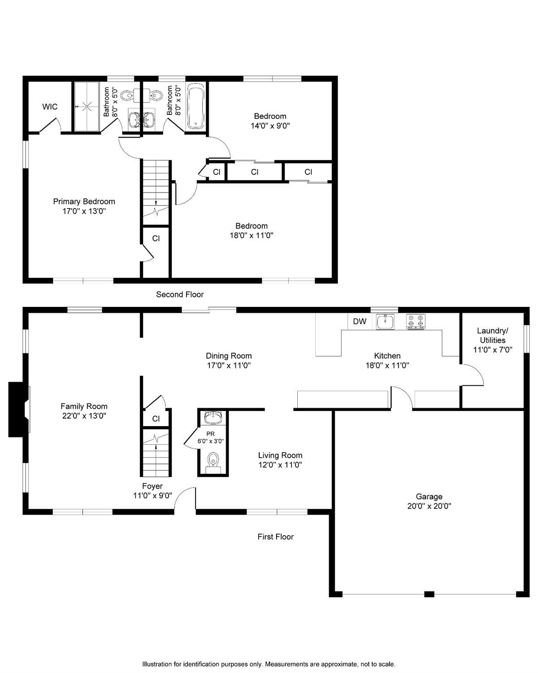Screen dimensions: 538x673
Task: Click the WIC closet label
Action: [x=50, y=107]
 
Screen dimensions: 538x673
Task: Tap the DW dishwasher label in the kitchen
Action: [x=359, y=321]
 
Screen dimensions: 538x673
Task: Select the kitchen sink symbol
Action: [x=385, y=322]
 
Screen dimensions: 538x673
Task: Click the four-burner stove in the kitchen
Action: [x=416, y=321]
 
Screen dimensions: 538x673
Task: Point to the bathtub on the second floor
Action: [x=196, y=105]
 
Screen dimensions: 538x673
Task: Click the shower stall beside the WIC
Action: [x=87, y=106]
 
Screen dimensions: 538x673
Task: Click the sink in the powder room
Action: [x=213, y=418]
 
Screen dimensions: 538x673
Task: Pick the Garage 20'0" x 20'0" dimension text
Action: [x=429, y=506]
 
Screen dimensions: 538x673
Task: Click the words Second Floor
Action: [x=180, y=294]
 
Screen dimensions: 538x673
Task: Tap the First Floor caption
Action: [x=275, y=537]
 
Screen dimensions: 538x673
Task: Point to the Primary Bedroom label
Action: [x=84, y=201]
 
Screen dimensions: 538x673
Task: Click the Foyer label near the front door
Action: [x=152, y=486]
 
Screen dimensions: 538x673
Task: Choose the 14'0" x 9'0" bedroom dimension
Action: [x=270, y=126]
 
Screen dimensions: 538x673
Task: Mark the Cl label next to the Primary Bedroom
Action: [x=156, y=238]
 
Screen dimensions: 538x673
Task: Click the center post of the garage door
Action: [x=429, y=594]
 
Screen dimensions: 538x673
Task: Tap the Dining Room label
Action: [x=229, y=356]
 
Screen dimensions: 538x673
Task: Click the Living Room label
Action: [x=280, y=455]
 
